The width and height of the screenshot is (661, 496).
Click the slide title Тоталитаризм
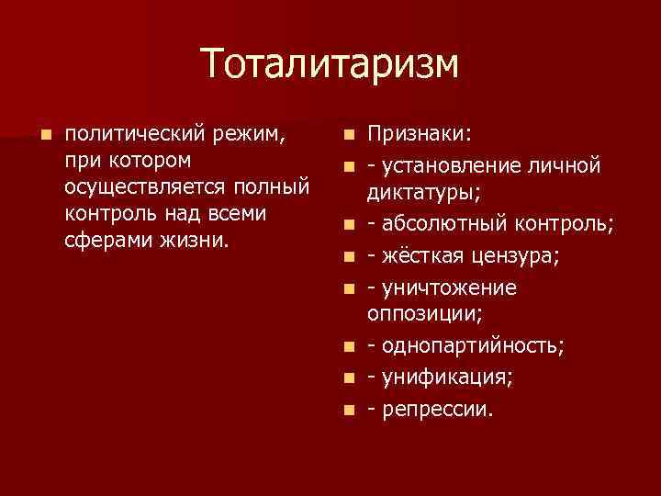(330, 64)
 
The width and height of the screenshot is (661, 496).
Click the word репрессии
(437, 409)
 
